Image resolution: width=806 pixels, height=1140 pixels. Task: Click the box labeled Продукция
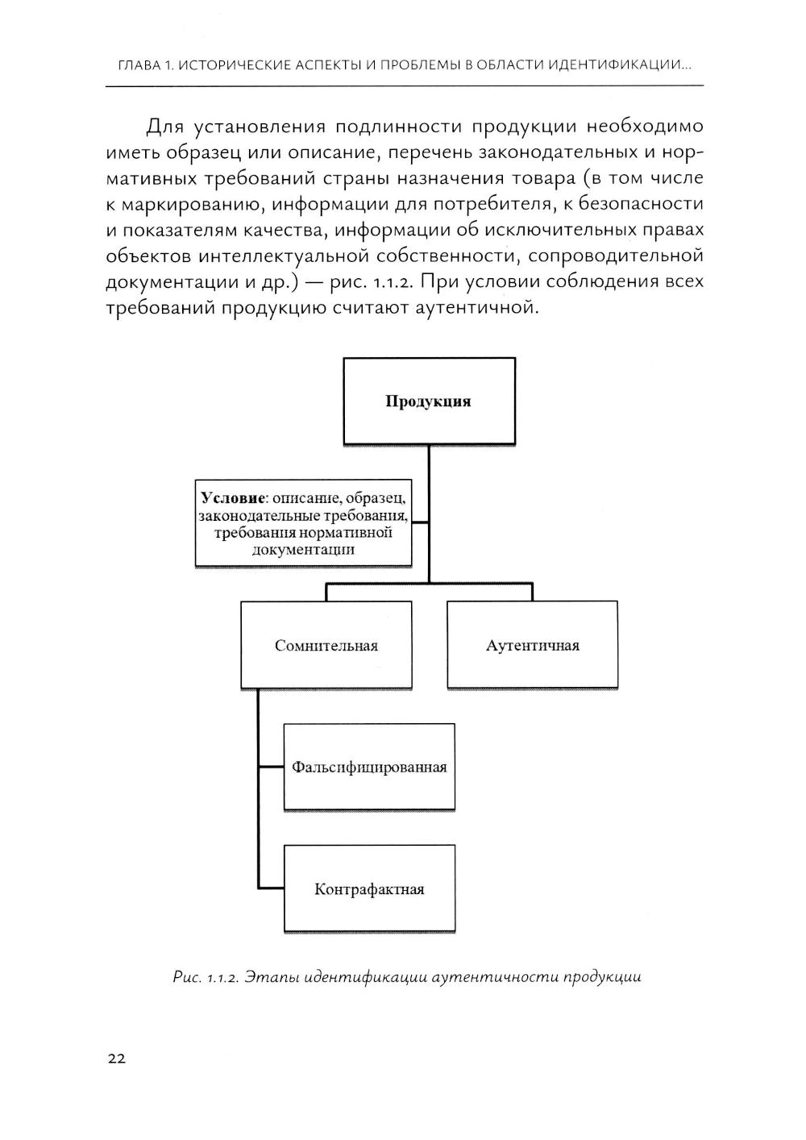click(429, 401)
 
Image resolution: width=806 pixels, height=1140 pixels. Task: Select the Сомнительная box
click(326, 645)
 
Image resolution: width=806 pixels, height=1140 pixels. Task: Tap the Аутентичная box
click(532, 645)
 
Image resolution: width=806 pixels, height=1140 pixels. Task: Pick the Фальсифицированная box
click(369, 767)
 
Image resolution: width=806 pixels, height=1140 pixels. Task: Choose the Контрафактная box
click(369, 889)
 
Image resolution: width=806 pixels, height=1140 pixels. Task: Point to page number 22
click(116, 1059)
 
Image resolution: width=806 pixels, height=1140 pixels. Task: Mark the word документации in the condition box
click(304, 550)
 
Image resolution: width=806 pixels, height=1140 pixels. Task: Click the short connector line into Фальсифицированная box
click(271, 766)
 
